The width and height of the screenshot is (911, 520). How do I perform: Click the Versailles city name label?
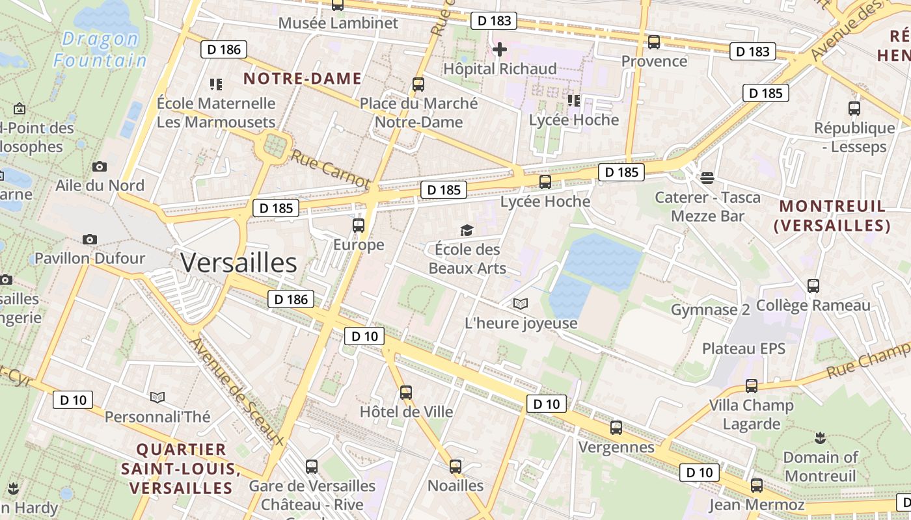coord(239,263)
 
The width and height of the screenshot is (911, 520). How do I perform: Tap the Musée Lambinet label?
coord(338,23)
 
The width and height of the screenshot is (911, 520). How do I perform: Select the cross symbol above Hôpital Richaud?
coord(500,49)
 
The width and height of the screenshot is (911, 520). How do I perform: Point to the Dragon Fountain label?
coord(100,49)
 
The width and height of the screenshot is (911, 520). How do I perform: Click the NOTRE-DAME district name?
coord(302,79)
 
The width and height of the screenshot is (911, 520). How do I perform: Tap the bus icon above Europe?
coord(358,226)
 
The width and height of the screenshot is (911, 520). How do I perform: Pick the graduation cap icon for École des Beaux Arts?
coord(467,230)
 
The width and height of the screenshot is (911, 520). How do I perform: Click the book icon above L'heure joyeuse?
coord(521,304)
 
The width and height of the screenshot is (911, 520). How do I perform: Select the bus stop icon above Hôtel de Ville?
coord(406,392)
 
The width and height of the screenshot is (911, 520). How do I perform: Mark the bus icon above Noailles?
coord(455,466)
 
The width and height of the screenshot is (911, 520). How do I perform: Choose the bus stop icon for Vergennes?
coord(616,428)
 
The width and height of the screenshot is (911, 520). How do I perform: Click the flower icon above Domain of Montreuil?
coord(819,437)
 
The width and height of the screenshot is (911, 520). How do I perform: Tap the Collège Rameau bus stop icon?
coord(813,285)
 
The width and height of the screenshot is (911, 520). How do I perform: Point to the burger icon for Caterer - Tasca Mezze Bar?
coord(707,177)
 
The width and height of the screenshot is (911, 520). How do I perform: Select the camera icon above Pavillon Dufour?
coord(90,239)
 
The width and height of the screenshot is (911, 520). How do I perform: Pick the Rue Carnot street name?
coord(330,169)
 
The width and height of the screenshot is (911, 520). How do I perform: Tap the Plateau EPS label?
coord(744,348)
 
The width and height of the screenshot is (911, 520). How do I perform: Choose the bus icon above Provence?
coord(654,42)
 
